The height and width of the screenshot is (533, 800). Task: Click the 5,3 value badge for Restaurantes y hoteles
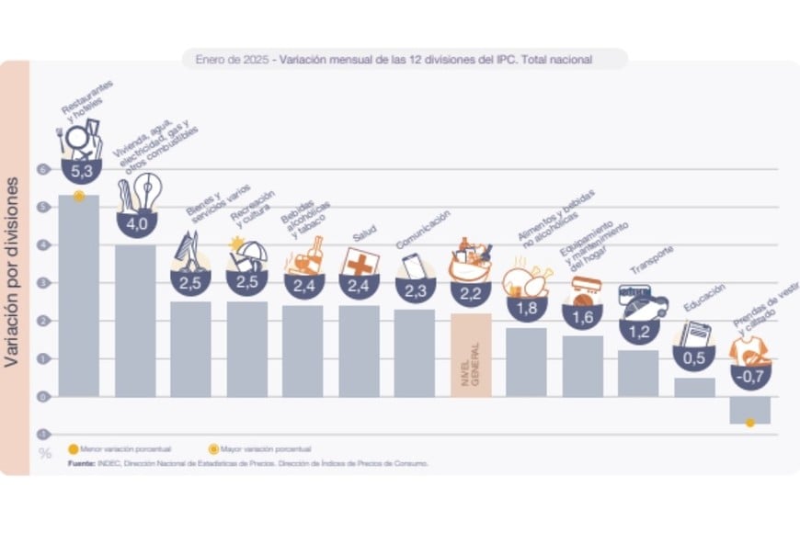[x=79, y=170]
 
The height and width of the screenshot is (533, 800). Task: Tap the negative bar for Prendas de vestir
[x=749, y=410]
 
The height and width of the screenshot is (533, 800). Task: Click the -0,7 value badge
[x=750, y=376]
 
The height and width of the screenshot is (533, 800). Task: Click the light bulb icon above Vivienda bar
[x=146, y=193]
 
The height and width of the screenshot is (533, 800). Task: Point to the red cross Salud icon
[x=360, y=261]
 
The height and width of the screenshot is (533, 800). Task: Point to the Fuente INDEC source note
[x=248, y=464]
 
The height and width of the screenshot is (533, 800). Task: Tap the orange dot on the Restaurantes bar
[x=79, y=196]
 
